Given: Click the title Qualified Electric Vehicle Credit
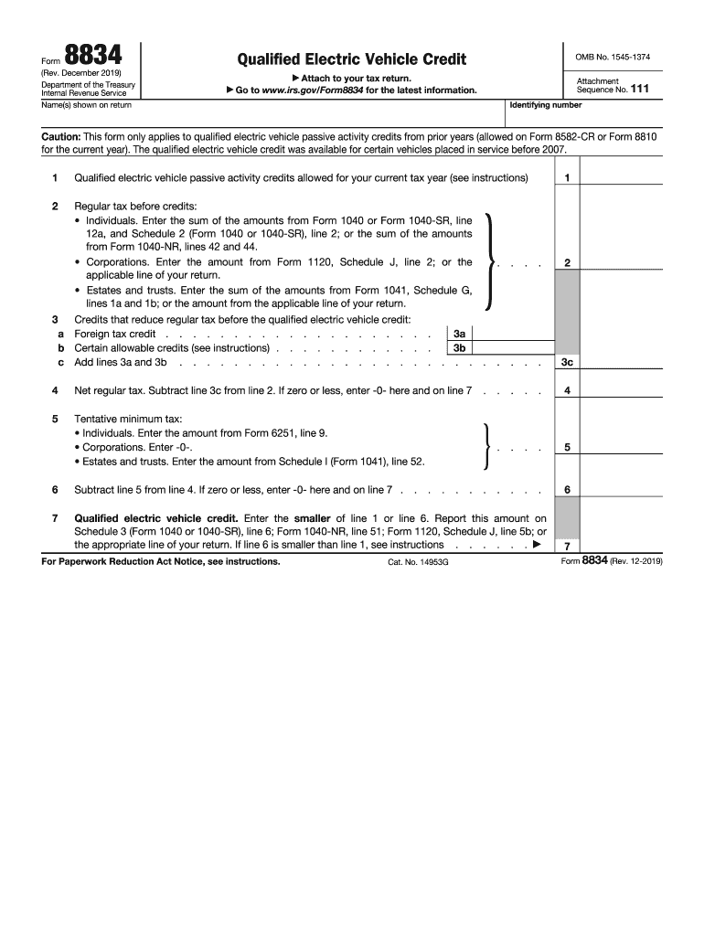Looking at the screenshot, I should click(x=351, y=59).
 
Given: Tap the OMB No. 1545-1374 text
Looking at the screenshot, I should click(x=613, y=58).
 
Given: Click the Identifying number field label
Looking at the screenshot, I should click(x=539, y=105).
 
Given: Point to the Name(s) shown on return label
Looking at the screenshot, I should click(x=86, y=105).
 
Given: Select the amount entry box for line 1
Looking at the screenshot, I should click(x=622, y=178).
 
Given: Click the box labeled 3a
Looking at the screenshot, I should click(x=459, y=335).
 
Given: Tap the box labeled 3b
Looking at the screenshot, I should click(x=459, y=348).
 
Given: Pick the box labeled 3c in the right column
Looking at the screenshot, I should click(x=567, y=363).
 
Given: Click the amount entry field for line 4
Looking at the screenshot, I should click(x=622, y=391).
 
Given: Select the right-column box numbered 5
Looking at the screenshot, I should click(x=567, y=448).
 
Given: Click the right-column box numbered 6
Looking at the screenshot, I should click(x=567, y=490).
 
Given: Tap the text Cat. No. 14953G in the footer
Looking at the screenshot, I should click(x=419, y=562).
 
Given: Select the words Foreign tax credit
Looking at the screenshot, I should click(x=114, y=335).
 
